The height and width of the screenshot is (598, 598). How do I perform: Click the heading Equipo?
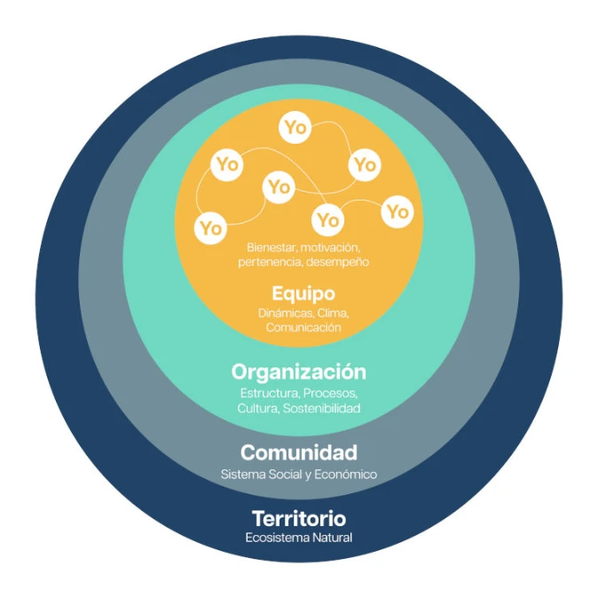(303, 294)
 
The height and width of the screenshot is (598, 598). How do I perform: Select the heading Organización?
(299, 372)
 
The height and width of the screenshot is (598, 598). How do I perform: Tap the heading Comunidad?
(299, 452)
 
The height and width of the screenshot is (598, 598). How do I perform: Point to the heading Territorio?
(299, 519)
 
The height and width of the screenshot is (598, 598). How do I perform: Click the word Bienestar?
(271, 248)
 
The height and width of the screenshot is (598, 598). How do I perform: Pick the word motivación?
(330, 248)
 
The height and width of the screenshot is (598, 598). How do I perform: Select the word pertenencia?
(271, 262)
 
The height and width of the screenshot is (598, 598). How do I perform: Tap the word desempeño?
(337, 262)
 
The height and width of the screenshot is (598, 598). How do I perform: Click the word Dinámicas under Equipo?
(286, 313)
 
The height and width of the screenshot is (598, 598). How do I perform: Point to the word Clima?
(334, 313)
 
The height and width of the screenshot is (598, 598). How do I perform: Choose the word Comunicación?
(303, 327)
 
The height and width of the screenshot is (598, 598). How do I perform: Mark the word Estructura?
(270, 393)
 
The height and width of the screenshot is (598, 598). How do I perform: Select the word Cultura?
(258, 408)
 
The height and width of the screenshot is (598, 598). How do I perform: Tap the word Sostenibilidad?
(322, 408)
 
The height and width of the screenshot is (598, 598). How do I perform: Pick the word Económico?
(346, 475)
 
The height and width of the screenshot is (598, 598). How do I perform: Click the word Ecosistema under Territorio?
(277, 538)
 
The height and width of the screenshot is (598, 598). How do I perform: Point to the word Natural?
(332, 538)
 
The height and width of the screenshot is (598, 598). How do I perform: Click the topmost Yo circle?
(295, 128)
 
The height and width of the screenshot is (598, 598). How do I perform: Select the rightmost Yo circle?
(397, 212)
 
